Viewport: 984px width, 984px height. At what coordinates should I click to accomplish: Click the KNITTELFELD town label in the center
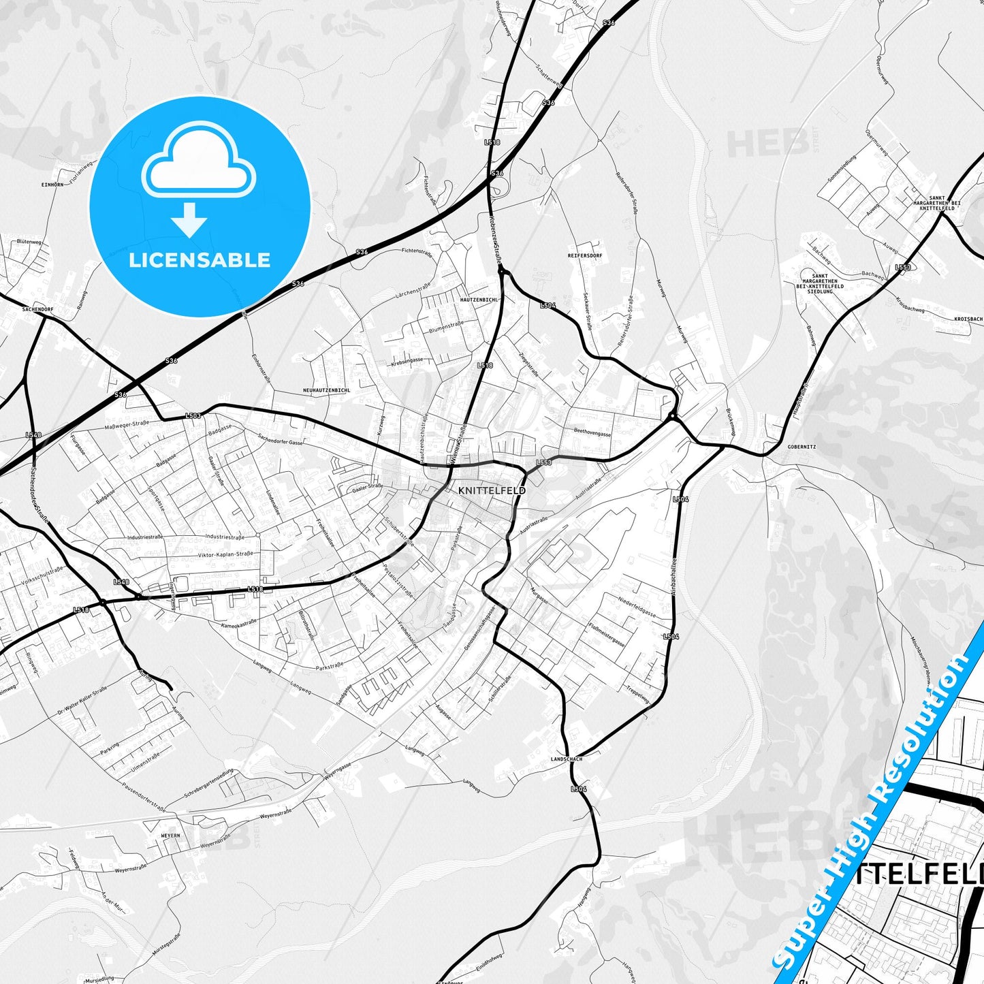coord(492,490)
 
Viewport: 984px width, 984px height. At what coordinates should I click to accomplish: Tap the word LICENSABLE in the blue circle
coord(200,260)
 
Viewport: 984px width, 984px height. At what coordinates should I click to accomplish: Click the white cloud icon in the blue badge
coord(198,161)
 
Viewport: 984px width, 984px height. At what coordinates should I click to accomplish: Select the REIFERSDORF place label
coord(585,255)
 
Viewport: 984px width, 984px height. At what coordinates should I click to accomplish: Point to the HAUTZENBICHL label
coord(479,299)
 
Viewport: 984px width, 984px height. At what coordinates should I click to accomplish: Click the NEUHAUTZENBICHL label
coord(327,390)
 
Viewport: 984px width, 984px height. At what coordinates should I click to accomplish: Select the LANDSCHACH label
coord(567,759)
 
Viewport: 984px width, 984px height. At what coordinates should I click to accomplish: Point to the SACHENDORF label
coord(37,308)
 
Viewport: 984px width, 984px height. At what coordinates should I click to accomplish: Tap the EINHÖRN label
coord(52,185)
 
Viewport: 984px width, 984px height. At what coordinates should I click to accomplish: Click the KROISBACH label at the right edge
coord(968,319)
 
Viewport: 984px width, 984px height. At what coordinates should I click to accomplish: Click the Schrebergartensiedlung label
coord(208,783)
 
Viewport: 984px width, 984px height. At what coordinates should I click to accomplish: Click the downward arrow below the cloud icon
coord(189,220)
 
